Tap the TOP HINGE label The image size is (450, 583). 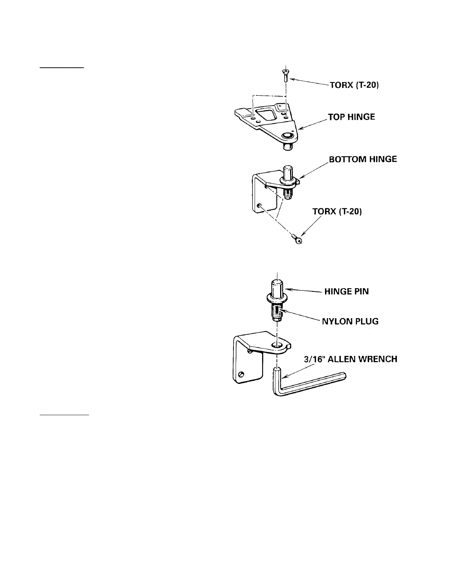click(x=351, y=117)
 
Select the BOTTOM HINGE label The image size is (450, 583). click(x=363, y=159)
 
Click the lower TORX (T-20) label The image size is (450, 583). click(x=337, y=212)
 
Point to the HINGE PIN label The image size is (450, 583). click(x=346, y=292)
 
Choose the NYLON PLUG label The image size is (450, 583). click(x=350, y=321)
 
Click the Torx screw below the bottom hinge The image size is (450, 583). click(x=297, y=239)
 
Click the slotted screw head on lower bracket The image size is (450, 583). click(x=241, y=374)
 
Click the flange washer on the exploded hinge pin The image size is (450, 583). click(x=276, y=298)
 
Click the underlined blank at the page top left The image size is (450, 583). click(x=62, y=68)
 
